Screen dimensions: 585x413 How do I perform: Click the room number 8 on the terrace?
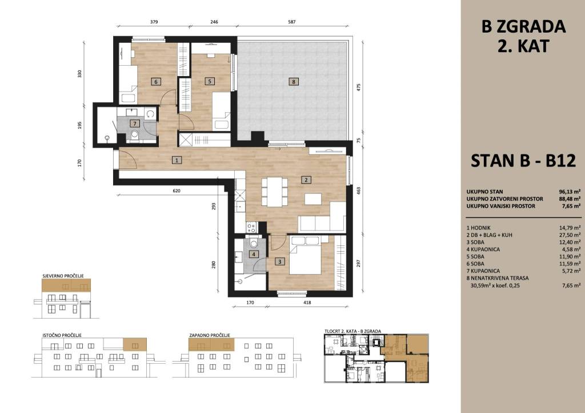[294, 81]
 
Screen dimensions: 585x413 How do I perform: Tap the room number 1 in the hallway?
[177, 160]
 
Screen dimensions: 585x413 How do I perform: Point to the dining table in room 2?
[275, 192]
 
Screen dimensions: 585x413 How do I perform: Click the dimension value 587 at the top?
[292, 22]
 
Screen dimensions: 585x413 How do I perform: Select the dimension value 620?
[177, 191]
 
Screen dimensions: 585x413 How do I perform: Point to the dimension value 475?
[359, 88]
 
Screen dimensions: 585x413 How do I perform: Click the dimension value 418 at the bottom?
[307, 303]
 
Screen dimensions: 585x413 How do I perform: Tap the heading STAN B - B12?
[523, 161]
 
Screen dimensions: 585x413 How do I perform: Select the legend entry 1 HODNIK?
[478, 228]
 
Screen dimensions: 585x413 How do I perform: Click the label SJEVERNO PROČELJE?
[63, 276]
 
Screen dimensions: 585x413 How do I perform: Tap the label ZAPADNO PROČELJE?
[210, 335]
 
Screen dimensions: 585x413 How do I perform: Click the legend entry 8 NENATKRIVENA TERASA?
[498, 278]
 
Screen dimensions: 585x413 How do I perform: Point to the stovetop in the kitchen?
[251, 227]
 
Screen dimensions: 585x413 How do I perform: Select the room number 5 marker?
[210, 81]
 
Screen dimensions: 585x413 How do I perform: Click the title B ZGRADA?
[523, 27]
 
